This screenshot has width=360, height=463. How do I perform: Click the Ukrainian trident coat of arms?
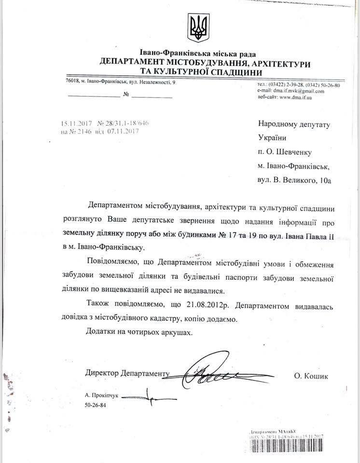tap(198, 28)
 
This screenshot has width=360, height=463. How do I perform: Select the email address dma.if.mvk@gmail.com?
tap(299, 91)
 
